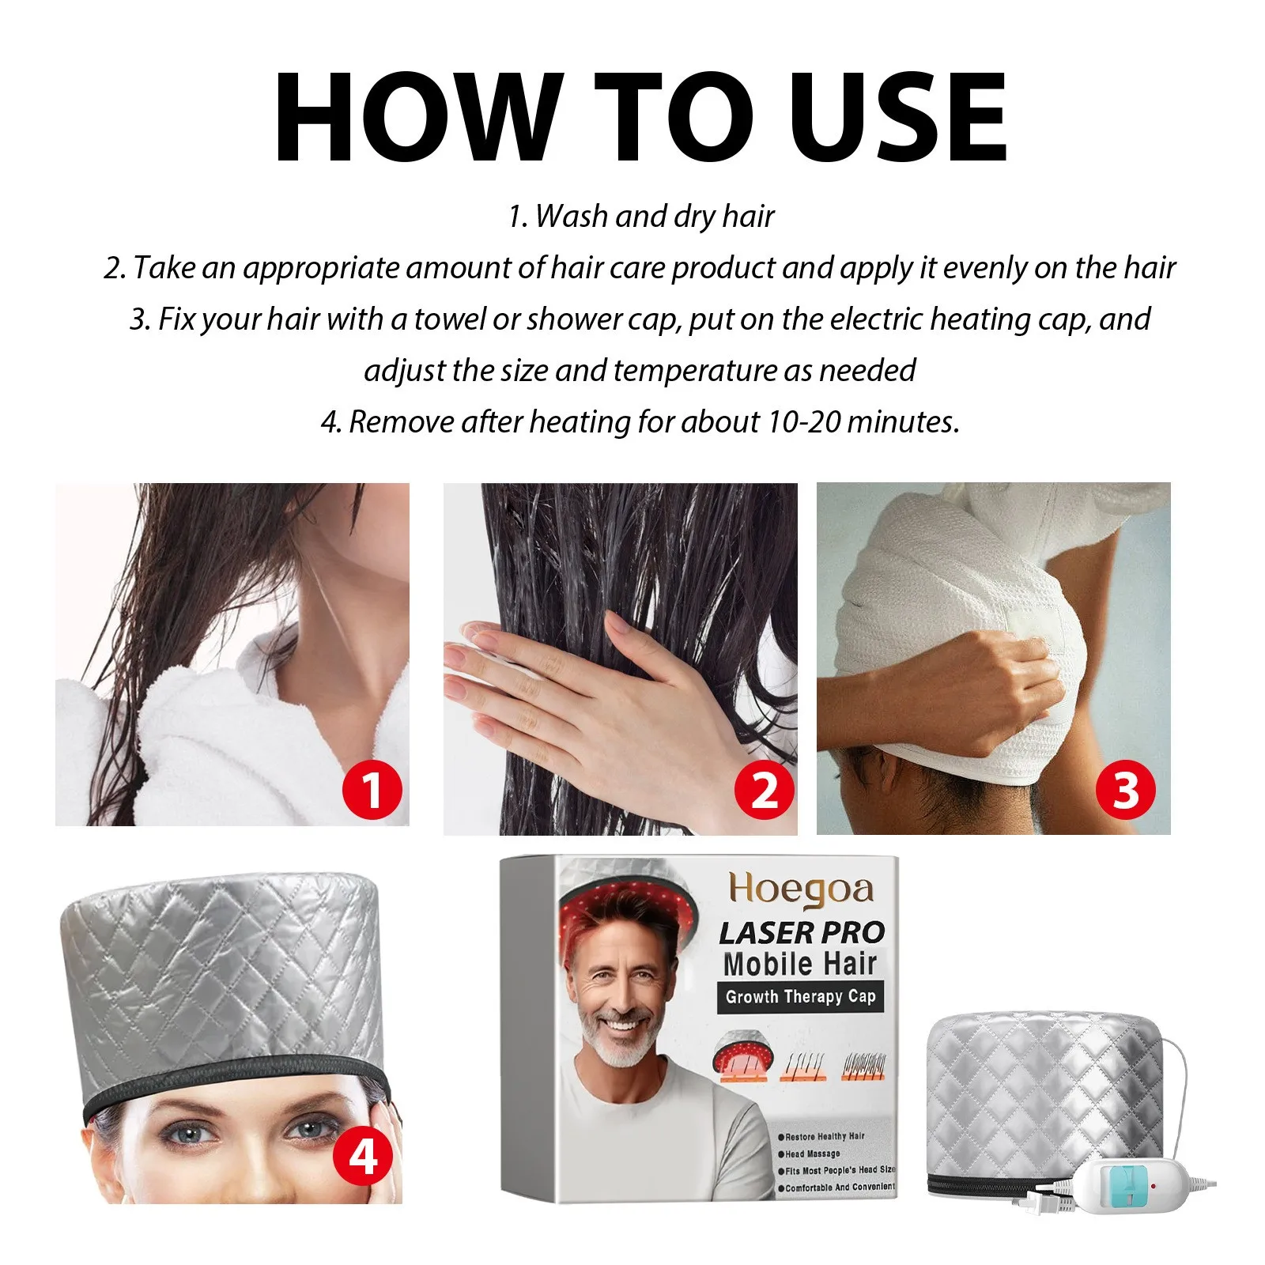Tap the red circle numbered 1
[372, 790]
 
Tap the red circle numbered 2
[764, 790]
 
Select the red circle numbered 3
[1125, 790]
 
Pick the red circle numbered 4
[363, 1157]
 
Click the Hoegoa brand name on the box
[800, 890]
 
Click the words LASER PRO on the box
[801, 933]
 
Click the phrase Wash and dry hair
[655, 217]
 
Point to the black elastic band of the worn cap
[229, 1083]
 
